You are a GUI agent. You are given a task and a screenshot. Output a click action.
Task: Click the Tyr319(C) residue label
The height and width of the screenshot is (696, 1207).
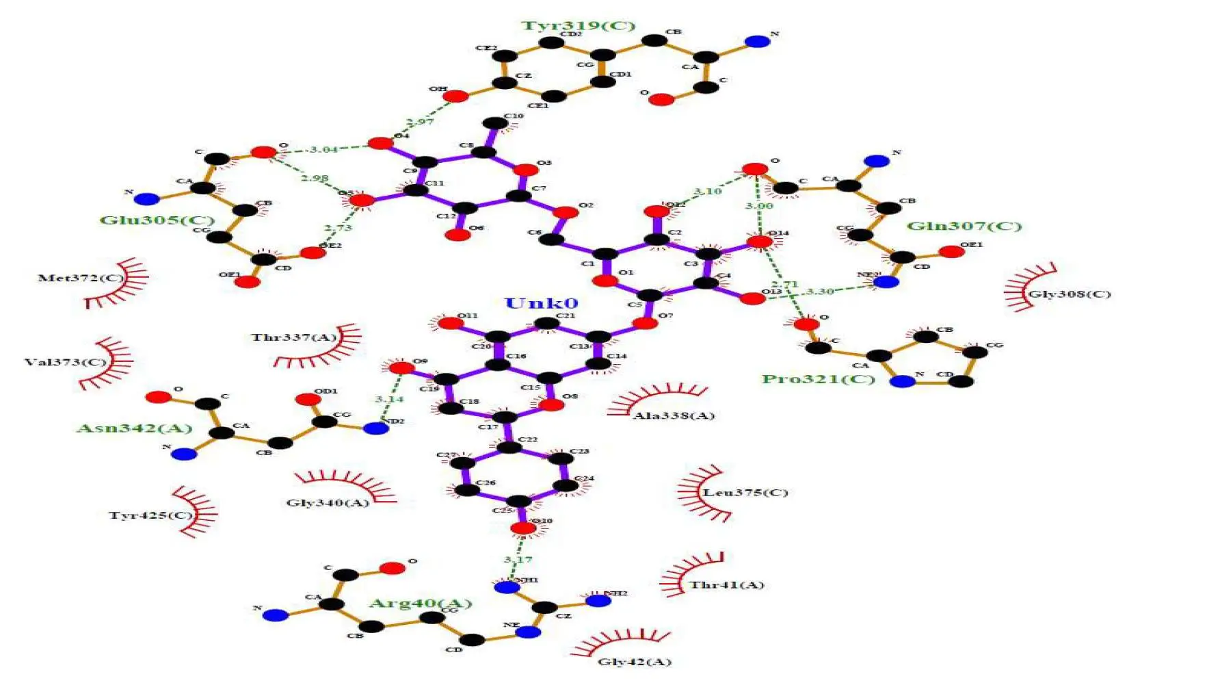click(578, 26)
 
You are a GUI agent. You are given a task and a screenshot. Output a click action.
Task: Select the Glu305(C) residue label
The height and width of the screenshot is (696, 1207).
click(157, 220)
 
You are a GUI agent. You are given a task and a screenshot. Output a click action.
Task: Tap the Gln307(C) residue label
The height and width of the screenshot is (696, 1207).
click(964, 226)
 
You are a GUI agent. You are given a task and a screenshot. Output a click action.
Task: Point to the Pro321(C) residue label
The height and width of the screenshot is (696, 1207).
click(819, 379)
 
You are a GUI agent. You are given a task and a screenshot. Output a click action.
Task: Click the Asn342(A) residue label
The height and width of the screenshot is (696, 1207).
click(134, 428)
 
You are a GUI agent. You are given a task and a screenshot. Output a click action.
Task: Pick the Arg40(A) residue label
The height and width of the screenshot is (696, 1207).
click(421, 603)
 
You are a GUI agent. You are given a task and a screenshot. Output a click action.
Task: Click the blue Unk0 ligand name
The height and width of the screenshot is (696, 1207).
click(541, 303)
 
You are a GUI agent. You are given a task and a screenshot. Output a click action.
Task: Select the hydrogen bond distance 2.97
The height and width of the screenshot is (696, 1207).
click(420, 122)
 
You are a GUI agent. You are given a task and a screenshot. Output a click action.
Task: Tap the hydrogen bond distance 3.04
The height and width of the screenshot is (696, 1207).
click(323, 149)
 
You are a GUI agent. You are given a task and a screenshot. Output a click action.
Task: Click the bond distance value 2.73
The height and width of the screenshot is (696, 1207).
click(338, 228)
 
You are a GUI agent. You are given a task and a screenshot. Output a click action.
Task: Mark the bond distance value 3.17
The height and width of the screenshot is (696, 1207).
click(518, 560)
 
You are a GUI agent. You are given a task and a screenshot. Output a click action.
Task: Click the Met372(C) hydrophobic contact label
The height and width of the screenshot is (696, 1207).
click(81, 278)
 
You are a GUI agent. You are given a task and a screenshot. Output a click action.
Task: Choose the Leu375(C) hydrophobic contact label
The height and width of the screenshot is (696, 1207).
click(745, 493)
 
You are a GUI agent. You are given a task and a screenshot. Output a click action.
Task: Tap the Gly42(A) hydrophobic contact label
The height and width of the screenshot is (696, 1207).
click(635, 662)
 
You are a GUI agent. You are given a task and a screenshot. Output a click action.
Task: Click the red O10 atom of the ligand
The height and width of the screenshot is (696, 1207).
click(523, 528)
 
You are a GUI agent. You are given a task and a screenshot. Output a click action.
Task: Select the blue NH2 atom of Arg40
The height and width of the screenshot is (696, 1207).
click(598, 600)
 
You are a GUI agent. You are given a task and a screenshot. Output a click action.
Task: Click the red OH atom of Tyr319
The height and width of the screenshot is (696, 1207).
click(456, 96)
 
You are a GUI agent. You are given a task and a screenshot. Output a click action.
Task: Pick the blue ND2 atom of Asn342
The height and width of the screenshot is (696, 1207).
click(375, 428)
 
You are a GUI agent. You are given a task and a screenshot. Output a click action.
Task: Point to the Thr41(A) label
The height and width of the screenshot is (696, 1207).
click(726, 585)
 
